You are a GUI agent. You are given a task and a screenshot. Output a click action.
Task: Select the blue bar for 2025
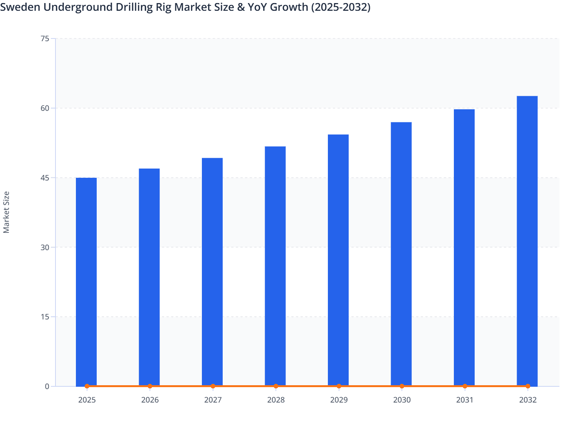click(86, 282)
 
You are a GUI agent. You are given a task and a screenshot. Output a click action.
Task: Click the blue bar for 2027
click(212, 272)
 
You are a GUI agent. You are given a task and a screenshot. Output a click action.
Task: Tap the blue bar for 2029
click(338, 260)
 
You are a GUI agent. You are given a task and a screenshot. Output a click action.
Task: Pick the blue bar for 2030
click(401, 254)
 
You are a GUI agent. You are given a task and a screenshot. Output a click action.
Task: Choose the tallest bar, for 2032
click(527, 241)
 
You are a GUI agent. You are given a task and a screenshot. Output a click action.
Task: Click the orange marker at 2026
click(150, 386)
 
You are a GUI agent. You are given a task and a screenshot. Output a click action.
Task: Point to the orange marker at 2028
click(276, 386)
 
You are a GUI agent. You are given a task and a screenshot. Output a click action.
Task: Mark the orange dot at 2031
click(465, 386)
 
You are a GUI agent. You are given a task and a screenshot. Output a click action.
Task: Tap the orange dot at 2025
click(87, 386)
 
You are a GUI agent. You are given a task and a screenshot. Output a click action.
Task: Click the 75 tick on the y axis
click(45, 38)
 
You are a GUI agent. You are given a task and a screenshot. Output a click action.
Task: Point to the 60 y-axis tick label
click(45, 108)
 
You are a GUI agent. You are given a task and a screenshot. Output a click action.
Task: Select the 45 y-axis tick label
click(45, 178)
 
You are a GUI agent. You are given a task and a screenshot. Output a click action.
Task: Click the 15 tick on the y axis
click(45, 317)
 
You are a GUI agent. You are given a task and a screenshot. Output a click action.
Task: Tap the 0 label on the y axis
click(47, 386)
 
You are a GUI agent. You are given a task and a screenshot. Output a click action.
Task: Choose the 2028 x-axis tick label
click(276, 400)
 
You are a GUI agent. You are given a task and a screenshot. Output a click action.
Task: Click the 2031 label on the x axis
click(465, 400)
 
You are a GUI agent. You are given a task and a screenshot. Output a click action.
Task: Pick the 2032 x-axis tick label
click(527, 400)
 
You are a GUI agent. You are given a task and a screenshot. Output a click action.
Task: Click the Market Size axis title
click(6, 212)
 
